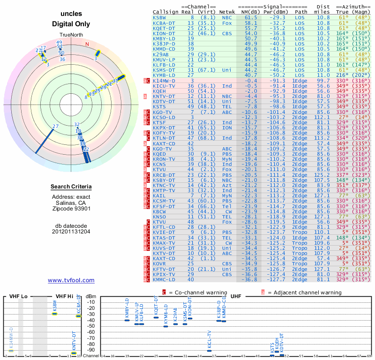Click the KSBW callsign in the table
click(159, 17)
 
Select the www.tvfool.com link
click(71, 280)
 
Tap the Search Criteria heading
click(71, 187)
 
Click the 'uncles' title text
click(71, 14)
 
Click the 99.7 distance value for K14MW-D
click(323, 80)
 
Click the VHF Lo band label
click(19, 296)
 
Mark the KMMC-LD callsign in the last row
click(163, 279)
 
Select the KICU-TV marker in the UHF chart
click(209, 351)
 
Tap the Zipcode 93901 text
click(71, 209)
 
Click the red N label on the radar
click(87, 45)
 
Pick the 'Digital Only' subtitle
click(71, 24)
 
